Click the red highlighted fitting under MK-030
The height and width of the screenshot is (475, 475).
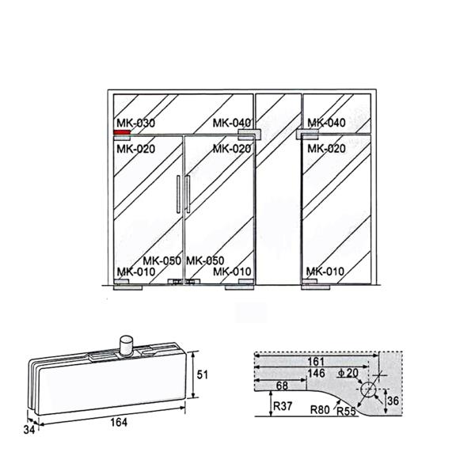(122, 132)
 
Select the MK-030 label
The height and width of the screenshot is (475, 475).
(135, 123)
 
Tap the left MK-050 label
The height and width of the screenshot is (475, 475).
(162, 260)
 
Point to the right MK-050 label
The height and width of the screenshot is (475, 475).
(205, 260)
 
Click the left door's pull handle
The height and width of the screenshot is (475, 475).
(178, 194)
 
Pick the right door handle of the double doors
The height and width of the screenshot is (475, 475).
(188, 194)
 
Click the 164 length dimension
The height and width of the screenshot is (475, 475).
(119, 422)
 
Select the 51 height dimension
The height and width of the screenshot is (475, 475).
(203, 374)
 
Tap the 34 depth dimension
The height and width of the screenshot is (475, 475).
(29, 430)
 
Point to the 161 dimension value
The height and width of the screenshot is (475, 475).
(316, 362)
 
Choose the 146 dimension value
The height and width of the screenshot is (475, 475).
(316, 373)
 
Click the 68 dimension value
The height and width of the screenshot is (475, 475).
(282, 386)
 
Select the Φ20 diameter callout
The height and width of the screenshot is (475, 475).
(348, 373)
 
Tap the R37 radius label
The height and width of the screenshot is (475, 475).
(283, 406)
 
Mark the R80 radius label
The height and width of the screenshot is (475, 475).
(320, 410)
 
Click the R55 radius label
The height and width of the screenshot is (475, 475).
(346, 412)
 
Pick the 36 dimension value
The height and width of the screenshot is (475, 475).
(393, 401)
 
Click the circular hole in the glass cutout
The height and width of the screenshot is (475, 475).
(368, 389)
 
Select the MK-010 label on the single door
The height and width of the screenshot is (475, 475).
(325, 271)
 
